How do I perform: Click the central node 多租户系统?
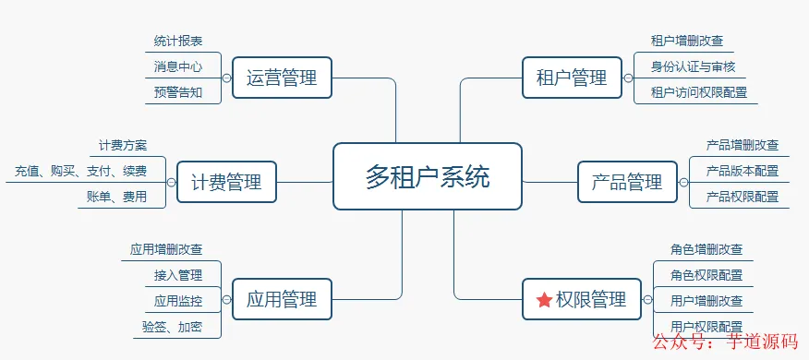pyautogui.click(x=428, y=176)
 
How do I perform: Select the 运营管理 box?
pyautogui.click(x=282, y=78)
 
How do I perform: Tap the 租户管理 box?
pyautogui.click(x=572, y=78)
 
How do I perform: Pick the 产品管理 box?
pyautogui.click(x=627, y=182)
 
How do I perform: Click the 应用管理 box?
pyautogui.click(x=282, y=299)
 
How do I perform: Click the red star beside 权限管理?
pyautogui.click(x=544, y=300)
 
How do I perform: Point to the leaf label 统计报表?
pyautogui.click(x=178, y=42)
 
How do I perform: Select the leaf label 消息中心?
pyautogui.click(x=178, y=66)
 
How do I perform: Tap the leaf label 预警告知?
pyautogui.click(x=178, y=92)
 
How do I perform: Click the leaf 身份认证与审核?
pyautogui.click(x=693, y=66)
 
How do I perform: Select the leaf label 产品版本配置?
pyautogui.click(x=742, y=171)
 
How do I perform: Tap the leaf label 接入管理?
pyautogui.click(x=178, y=274)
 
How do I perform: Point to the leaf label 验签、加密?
pyautogui.click(x=172, y=327)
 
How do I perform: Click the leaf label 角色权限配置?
pyautogui.click(x=706, y=274)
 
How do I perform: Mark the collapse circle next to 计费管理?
pyautogui.click(x=171, y=183)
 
